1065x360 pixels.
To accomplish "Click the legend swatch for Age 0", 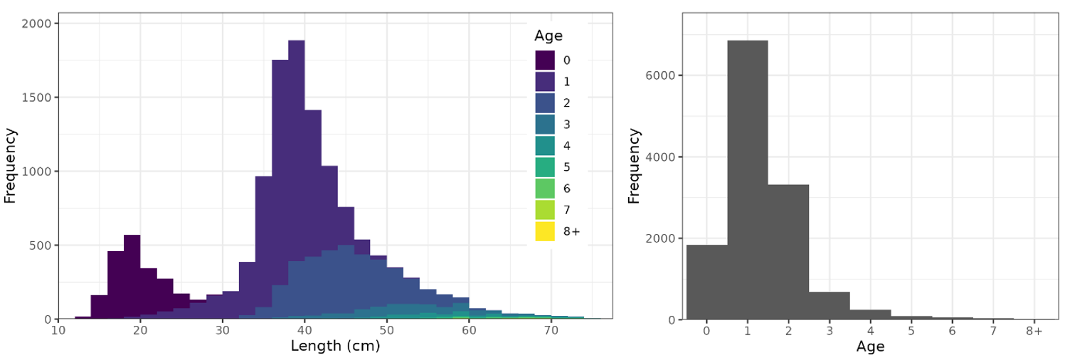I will (x=546, y=60).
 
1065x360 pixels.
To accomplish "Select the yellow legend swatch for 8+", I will (x=546, y=231).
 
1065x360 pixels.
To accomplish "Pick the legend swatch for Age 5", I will (x=546, y=167).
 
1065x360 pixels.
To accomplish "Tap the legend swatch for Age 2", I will (x=546, y=103).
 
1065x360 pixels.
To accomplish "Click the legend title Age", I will (x=549, y=36).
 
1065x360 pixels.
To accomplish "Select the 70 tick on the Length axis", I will (x=551, y=331).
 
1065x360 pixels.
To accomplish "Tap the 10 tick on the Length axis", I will (x=58, y=331).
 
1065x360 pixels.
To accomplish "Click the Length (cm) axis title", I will (x=335, y=347).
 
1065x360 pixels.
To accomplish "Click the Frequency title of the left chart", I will (x=10, y=165).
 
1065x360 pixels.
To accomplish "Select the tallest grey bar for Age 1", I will (x=747, y=178).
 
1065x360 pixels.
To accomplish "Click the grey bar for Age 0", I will (x=706, y=282).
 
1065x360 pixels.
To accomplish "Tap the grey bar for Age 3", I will (x=830, y=306).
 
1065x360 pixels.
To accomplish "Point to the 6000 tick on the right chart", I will (x=662, y=75).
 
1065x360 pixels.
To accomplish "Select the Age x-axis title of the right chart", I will (x=870, y=347).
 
